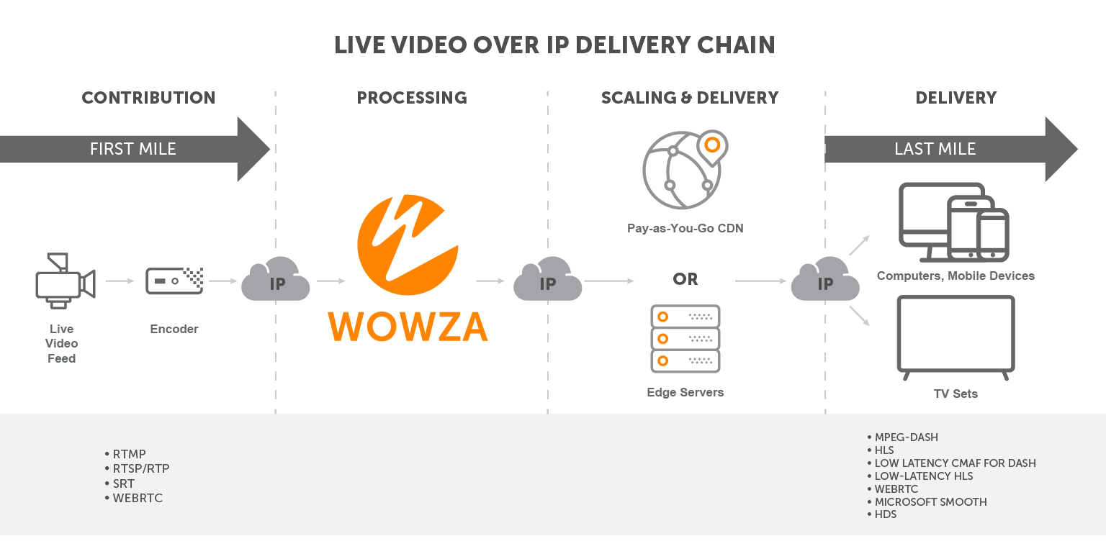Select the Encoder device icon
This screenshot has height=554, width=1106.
pyautogui.click(x=174, y=281)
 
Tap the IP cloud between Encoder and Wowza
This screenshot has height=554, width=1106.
pyautogui.click(x=276, y=281)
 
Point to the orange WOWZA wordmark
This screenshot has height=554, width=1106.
pyautogui.click(x=408, y=326)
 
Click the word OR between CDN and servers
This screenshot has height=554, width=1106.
pyautogui.click(x=685, y=279)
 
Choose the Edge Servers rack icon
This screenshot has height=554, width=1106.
pyautogui.click(x=685, y=338)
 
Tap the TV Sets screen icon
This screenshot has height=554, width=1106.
pyautogui.click(x=955, y=334)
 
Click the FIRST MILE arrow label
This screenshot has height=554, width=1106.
pyautogui.click(x=132, y=149)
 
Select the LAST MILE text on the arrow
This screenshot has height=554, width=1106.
pyautogui.click(x=935, y=149)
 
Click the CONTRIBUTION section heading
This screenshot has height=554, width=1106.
pyautogui.click(x=148, y=98)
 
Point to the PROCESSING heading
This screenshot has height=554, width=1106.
pyautogui.click(x=412, y=98)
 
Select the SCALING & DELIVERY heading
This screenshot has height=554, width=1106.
pyautogui.click(x=689, y=98)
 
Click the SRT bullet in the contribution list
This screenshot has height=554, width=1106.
pyautogui.click(x=123, y=483)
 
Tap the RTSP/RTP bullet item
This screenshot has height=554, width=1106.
pyautogui.click(x=140, y=468)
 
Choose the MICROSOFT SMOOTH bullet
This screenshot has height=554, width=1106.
pyautogui.click(x=930, y=502)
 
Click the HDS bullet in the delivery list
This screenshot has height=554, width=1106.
pyautogui.click(x=885, y=515)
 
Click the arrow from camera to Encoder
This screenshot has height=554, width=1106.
pyautogui.click(x=120, y=281)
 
